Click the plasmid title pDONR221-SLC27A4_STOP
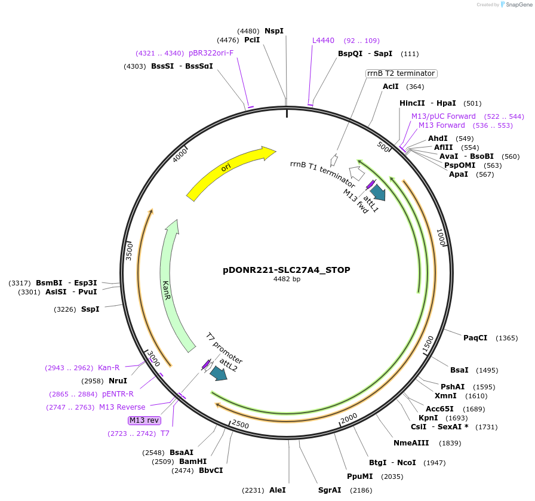point(287,270)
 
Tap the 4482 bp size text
point(287,279)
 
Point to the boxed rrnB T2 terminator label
point(401,73)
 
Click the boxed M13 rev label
point(144,420)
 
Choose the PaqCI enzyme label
point(475,338)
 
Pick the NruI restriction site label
point(118,380)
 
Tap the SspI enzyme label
point(90,309)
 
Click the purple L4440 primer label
point(323,41)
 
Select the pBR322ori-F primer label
point(211,53)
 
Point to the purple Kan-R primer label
point(109,368)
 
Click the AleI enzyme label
point(277,490)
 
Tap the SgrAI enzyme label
point(330,490)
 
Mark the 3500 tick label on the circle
point(129,250)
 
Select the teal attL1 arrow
point(378,192)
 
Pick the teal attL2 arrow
point(218,373)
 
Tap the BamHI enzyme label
point(193,462)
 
